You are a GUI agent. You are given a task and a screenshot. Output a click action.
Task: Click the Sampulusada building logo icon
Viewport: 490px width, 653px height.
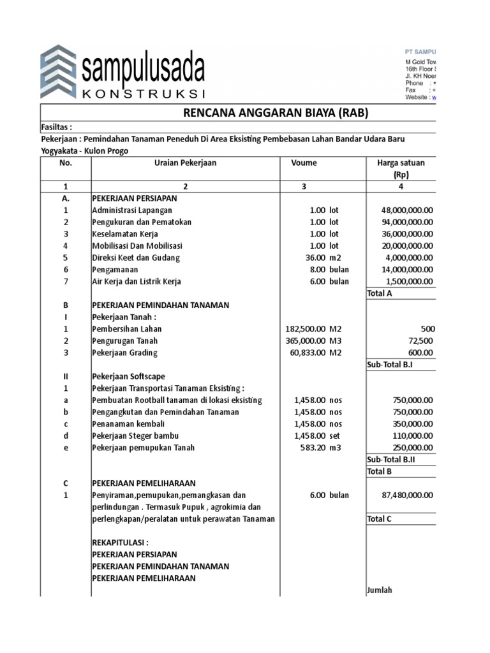[x=59, y=71]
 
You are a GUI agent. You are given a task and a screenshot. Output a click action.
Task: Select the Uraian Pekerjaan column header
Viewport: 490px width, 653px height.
[x=186, y=163]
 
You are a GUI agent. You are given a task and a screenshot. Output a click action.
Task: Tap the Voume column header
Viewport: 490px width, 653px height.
[x=304, y=163]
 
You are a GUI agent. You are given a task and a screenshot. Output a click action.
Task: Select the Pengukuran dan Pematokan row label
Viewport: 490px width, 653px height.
[x=142, y=222]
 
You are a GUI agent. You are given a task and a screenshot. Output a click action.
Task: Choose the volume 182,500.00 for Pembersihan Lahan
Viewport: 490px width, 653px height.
[x=306, y=329]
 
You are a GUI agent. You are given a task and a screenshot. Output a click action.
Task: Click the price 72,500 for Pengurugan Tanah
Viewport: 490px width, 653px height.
[x=420, y=341]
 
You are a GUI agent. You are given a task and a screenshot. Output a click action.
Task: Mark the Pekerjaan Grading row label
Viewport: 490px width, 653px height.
[x=124, y=353]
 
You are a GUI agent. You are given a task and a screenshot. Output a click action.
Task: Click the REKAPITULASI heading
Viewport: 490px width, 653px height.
[x=120, y=543]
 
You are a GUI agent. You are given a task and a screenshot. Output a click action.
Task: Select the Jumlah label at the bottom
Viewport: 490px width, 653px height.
[x=380, y=590]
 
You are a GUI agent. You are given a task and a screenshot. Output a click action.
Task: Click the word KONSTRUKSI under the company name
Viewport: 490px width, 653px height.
[x=143, y=94]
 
